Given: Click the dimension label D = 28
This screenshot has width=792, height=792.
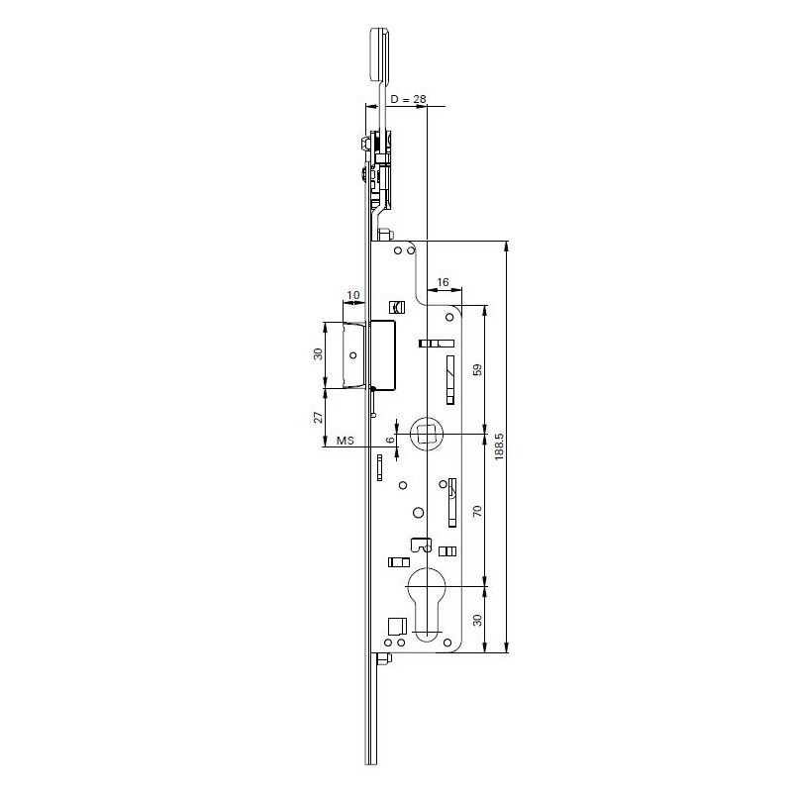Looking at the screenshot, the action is tap(408, 99).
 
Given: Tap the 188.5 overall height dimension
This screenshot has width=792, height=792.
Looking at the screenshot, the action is tap(500, 446).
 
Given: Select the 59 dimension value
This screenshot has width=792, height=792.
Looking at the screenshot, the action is tap(478, 369).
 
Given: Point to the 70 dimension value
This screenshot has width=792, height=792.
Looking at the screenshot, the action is tap(478, 511).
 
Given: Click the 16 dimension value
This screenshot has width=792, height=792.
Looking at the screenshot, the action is tap(443, 282).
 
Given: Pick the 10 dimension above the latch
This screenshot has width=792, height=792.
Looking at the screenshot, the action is tap(353, 294).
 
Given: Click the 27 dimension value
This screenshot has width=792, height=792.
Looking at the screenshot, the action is tap(318, 417).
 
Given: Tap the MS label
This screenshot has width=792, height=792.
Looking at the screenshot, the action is tap(345, 441).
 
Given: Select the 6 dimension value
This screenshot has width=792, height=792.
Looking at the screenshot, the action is tap(390, 440).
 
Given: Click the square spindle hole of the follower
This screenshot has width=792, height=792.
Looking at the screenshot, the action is tap(428, 434).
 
